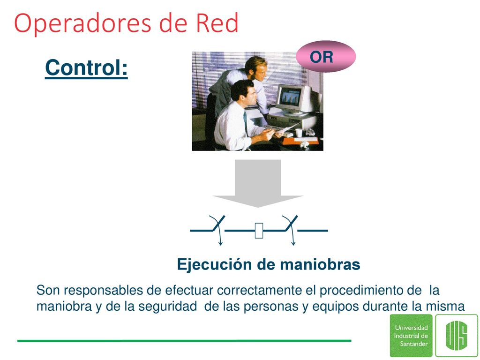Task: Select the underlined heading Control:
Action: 86,68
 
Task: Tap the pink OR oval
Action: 326,57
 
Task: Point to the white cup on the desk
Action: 299,133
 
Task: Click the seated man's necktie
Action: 246,122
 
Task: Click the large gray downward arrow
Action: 258,183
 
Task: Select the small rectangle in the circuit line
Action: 259,231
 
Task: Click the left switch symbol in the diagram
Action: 218,228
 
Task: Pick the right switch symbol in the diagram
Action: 291,228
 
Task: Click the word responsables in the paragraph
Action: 103,291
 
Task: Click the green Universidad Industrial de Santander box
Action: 411,336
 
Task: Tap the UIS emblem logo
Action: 457,336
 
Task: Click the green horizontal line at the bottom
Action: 184,340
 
